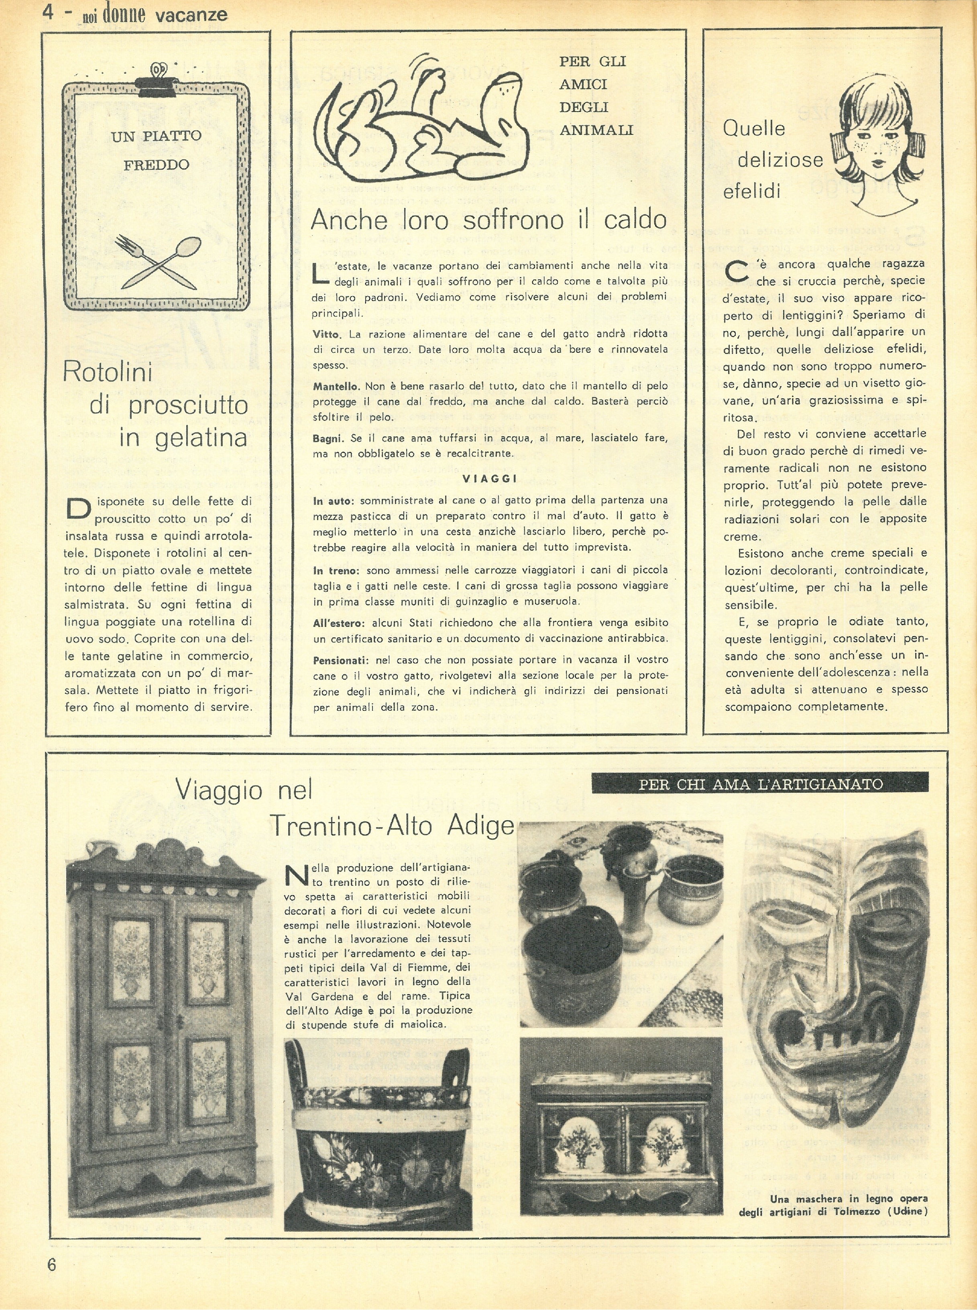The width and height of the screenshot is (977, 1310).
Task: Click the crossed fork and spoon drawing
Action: click(157, 260)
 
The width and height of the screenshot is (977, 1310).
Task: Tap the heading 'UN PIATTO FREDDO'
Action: click(156, 150)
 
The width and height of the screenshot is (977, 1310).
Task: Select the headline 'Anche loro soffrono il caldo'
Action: click(488, 220)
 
